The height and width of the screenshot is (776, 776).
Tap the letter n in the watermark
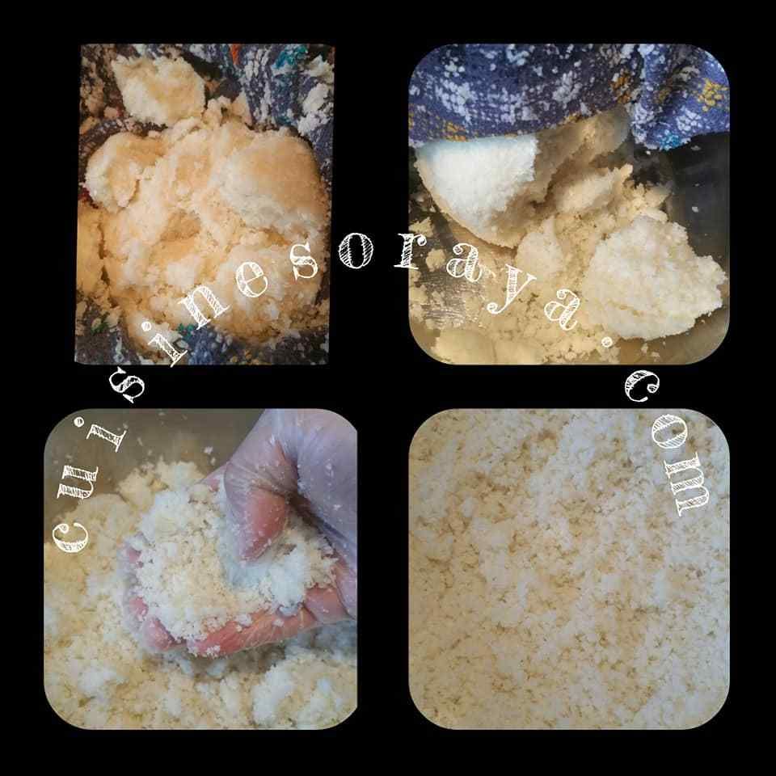205,310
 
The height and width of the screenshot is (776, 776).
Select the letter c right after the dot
642,386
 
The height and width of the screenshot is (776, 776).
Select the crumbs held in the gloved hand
217,559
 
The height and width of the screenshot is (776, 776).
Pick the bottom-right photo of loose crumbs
569,568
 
